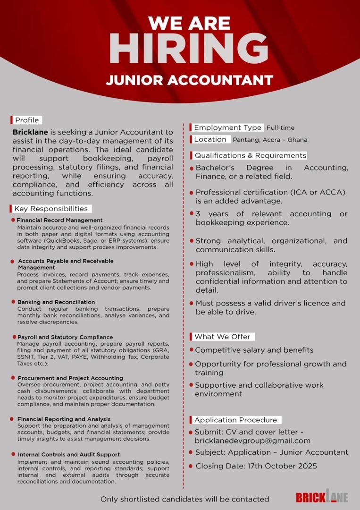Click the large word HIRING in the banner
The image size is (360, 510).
pos(189,49)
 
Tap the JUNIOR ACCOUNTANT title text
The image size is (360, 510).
pos(189,80)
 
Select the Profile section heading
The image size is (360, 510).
pos(26,120)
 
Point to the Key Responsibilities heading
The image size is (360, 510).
pos(50,209)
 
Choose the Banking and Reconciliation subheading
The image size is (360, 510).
pos(56,302)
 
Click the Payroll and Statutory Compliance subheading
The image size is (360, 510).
pos(65,337)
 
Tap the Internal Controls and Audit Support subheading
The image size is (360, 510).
pos(68,455)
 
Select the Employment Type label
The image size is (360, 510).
pos(227,127)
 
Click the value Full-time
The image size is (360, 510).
pos(280,127)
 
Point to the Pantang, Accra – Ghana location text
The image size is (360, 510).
pos(270,140)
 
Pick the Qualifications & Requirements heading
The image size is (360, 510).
pos(250,155)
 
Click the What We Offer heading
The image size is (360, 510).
pos(222,337)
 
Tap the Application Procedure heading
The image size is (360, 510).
pos(235,420)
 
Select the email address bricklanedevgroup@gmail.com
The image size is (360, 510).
pos(252,441)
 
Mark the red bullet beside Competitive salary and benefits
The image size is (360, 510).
pos(192,350)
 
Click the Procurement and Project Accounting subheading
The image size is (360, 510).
pos(70,378)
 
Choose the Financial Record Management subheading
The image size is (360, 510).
pos(59,221)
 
